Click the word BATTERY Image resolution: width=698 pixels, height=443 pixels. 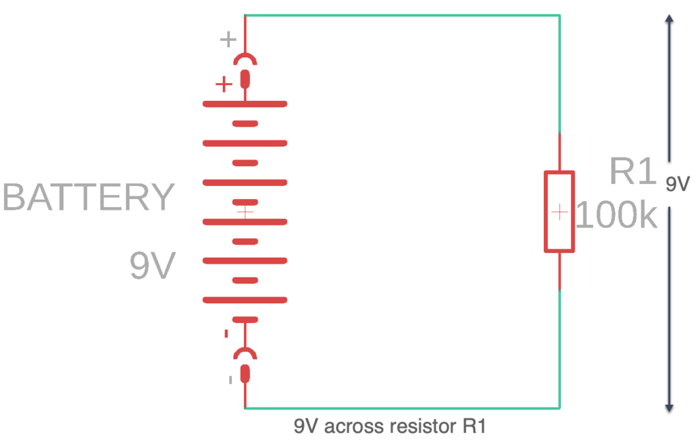(89, 198)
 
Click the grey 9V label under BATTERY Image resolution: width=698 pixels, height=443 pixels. (153, 266)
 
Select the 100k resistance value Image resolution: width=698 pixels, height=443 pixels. (617, 216)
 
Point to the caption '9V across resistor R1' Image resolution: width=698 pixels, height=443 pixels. (389, 427)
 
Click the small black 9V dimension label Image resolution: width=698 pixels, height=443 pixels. (678, 184)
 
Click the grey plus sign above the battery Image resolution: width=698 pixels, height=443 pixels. (228, 40)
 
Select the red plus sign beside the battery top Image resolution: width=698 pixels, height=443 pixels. (223, 85)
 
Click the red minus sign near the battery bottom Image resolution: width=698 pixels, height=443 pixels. (226, 334)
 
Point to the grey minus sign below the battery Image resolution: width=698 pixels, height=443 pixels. (230, 379)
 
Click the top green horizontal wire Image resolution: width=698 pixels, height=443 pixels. (402, 15)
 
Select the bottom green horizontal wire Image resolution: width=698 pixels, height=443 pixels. (402, 408)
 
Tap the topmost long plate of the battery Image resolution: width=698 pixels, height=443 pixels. (245, 104)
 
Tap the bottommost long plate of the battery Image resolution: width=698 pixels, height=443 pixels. (245, 300)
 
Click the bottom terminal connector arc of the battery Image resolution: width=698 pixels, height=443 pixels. (245, 353)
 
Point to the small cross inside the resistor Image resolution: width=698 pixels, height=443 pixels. (559, 213)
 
